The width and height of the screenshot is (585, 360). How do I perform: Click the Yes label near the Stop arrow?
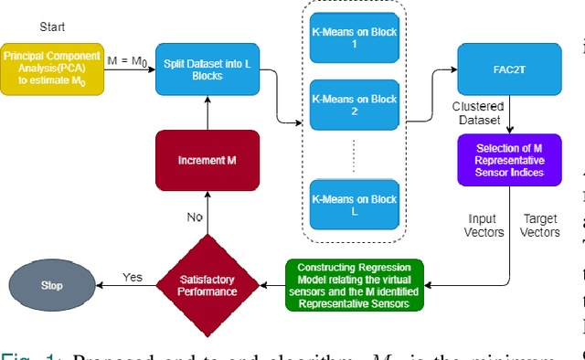pos(133,276)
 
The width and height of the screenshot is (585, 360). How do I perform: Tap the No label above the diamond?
pos(195,217)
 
